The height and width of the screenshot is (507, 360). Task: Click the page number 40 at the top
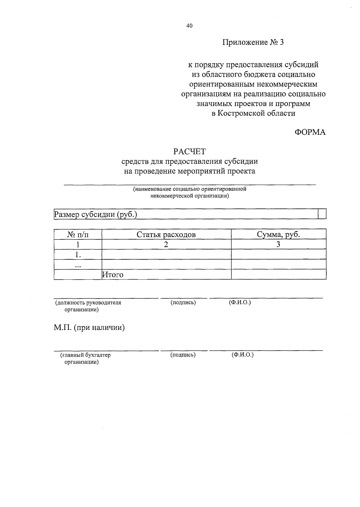[189, 26]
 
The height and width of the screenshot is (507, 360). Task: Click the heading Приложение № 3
[253, 42]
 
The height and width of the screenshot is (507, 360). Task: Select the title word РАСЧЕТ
[189, 152]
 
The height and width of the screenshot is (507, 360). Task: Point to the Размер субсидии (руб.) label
[95, 215]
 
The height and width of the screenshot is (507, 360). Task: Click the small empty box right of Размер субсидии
[322, 215]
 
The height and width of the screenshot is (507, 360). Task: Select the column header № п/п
[78, 234]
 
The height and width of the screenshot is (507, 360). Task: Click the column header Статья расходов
[166, 234]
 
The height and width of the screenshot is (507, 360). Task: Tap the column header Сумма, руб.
[278, 234]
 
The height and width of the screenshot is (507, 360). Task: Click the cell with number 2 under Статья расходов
[166, 244]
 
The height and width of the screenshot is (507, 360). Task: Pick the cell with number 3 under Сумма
[278, 244]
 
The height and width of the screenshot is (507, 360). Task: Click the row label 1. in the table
[78, 255]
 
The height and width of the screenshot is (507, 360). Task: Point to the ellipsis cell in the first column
[78, 265]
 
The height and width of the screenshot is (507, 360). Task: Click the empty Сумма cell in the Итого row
[278, 274]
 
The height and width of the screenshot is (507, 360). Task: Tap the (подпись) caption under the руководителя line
[183, 303]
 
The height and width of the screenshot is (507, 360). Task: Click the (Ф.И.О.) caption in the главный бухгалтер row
[242, 355]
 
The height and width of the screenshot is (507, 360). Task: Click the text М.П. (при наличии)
[89, 327]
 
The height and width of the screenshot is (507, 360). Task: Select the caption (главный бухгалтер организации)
[85, 358]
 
